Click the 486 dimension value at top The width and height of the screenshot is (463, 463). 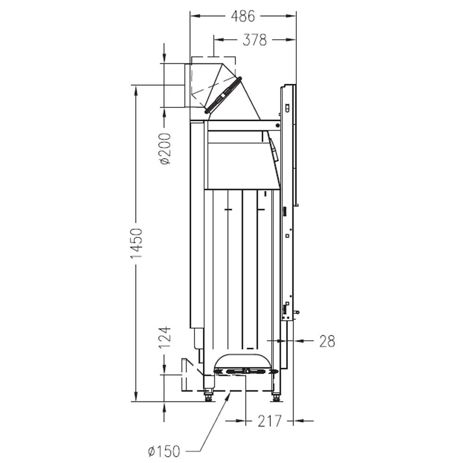243,16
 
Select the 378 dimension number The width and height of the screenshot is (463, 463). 255,40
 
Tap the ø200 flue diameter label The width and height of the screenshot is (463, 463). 166,149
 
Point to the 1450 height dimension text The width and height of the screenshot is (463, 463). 137,243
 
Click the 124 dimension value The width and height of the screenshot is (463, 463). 165,337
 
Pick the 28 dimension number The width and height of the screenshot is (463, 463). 327,341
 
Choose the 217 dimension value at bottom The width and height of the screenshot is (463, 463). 269,421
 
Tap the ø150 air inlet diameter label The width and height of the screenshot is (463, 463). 164,451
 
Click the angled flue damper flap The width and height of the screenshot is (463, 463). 223,95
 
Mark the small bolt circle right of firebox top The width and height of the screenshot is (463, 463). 277,125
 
